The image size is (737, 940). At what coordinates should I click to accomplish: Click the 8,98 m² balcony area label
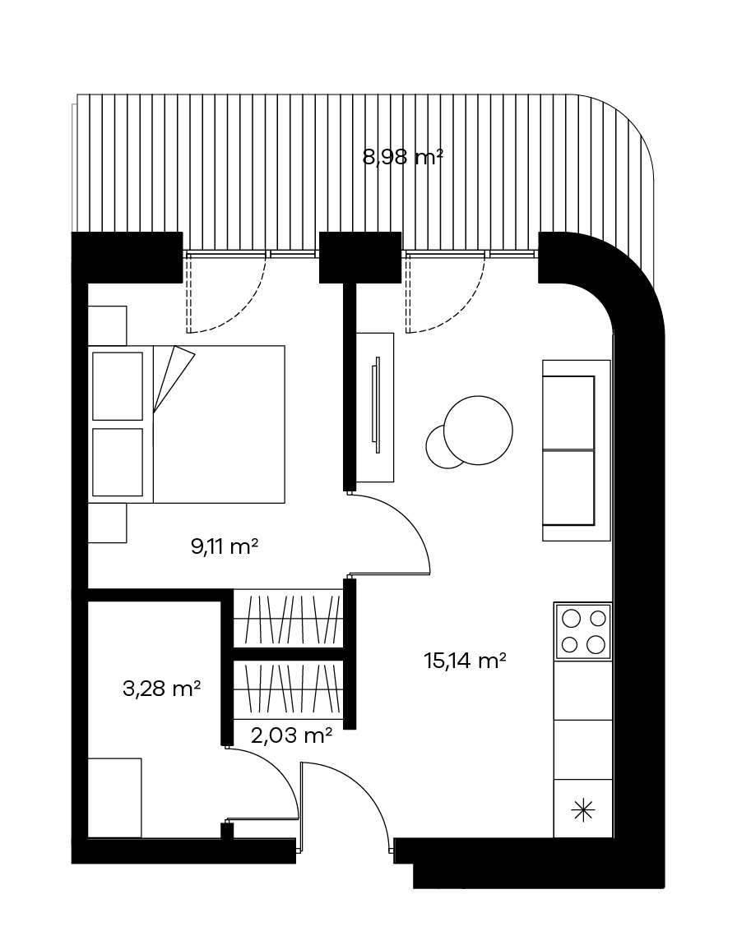coord(403,157)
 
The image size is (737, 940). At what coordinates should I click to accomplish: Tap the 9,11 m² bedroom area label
coord(225,546)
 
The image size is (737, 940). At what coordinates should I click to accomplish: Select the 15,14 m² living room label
coord(465,661)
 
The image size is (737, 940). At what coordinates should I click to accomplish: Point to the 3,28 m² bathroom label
coord(161,689)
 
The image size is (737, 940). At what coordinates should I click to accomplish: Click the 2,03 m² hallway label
coord(292,735)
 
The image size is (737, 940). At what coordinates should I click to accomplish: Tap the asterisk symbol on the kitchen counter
coord(582,810)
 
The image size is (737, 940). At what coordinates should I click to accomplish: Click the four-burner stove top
coord(582,631)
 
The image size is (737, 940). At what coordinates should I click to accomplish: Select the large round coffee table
coord(478,431)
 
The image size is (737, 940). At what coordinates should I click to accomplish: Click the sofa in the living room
coord(576,450)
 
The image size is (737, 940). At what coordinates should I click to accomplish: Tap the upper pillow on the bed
coord(118,386)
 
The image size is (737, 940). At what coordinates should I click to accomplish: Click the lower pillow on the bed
coord(118,463)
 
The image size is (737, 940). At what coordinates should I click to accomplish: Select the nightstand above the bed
coord(108,325)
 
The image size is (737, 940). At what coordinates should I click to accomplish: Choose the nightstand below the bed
coord(108,523)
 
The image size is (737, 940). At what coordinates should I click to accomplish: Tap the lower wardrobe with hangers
coord(288,689)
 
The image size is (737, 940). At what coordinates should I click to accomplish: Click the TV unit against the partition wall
coord(375,408)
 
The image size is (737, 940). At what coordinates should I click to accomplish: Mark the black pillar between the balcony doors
coord(360,257)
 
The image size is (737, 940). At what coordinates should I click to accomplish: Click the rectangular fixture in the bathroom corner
coord(114,798)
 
